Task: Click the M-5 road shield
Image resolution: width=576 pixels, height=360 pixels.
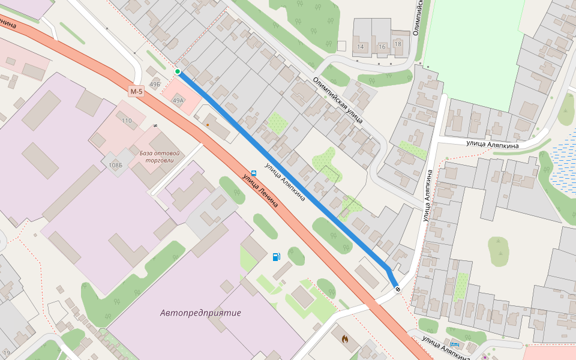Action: tap(137, 92)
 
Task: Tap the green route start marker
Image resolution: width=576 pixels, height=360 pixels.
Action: tap(178, 72)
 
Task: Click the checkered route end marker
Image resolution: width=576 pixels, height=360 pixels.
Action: tap(398, 290)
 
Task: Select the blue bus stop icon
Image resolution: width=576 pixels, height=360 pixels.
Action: tap(254, 173)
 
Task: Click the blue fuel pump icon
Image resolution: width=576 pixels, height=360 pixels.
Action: tap(276, 257)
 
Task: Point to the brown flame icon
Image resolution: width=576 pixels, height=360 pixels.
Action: tap(345, 339)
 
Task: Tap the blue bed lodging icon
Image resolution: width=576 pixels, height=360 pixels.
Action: tap(455, 344)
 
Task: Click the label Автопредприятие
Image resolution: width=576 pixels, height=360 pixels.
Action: tap(200, 313)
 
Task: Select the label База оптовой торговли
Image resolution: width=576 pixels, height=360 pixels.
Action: tap(160, 157)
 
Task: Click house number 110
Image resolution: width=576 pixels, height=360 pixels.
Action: tap(127, 121)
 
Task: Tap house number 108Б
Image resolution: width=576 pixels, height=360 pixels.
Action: tap(115, 164)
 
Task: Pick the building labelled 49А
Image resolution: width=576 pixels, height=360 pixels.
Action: tap(178, 101)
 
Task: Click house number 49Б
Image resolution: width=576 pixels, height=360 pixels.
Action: tap(155, 84)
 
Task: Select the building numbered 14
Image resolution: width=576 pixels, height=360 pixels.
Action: tap(361, 46)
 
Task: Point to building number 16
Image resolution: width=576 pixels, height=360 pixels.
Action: tap(382, 46)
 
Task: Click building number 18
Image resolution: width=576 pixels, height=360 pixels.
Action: tap(398, 43)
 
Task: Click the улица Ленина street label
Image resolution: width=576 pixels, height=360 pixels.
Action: tap(260, 191)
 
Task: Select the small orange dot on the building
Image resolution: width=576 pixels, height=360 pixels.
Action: tap(208, 124)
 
